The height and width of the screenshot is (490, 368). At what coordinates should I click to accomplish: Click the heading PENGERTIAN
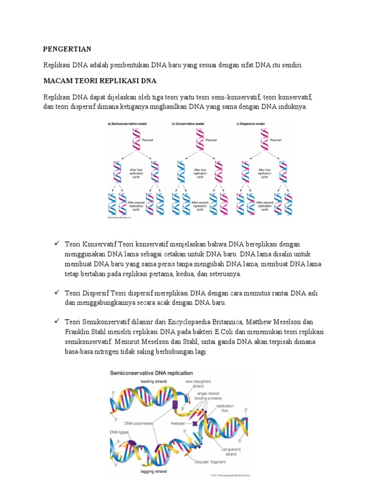click(67, 49)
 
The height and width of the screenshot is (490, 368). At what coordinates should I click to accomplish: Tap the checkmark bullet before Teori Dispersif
click(56, 292)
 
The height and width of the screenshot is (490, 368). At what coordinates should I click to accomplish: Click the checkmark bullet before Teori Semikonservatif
click(56, 321)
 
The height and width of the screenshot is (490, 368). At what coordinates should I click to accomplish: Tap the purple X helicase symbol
click(195, 423)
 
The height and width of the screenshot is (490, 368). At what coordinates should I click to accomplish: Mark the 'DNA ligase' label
click(120, 432)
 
